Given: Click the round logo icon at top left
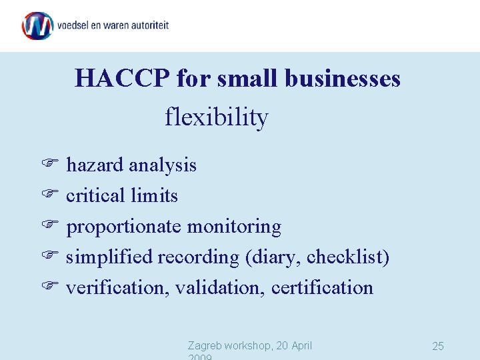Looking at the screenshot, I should (37, 25).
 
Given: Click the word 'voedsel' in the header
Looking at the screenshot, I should (75, 25).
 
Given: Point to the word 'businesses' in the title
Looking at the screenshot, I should (342, 79).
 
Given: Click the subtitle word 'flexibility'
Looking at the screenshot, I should (217, 118).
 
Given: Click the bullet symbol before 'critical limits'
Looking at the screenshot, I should (50, 195).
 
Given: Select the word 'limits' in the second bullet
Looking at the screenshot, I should (155, 195).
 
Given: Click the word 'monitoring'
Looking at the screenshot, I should (234, 227).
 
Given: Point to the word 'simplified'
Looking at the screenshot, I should (110, 257).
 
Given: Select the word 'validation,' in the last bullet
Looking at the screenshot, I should (221, 287).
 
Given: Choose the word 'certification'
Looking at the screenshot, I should (323, 287).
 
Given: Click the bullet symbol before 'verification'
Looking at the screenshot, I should (50, 287).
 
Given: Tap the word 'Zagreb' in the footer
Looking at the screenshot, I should (205, 345).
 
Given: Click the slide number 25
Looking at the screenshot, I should (438, 346).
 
